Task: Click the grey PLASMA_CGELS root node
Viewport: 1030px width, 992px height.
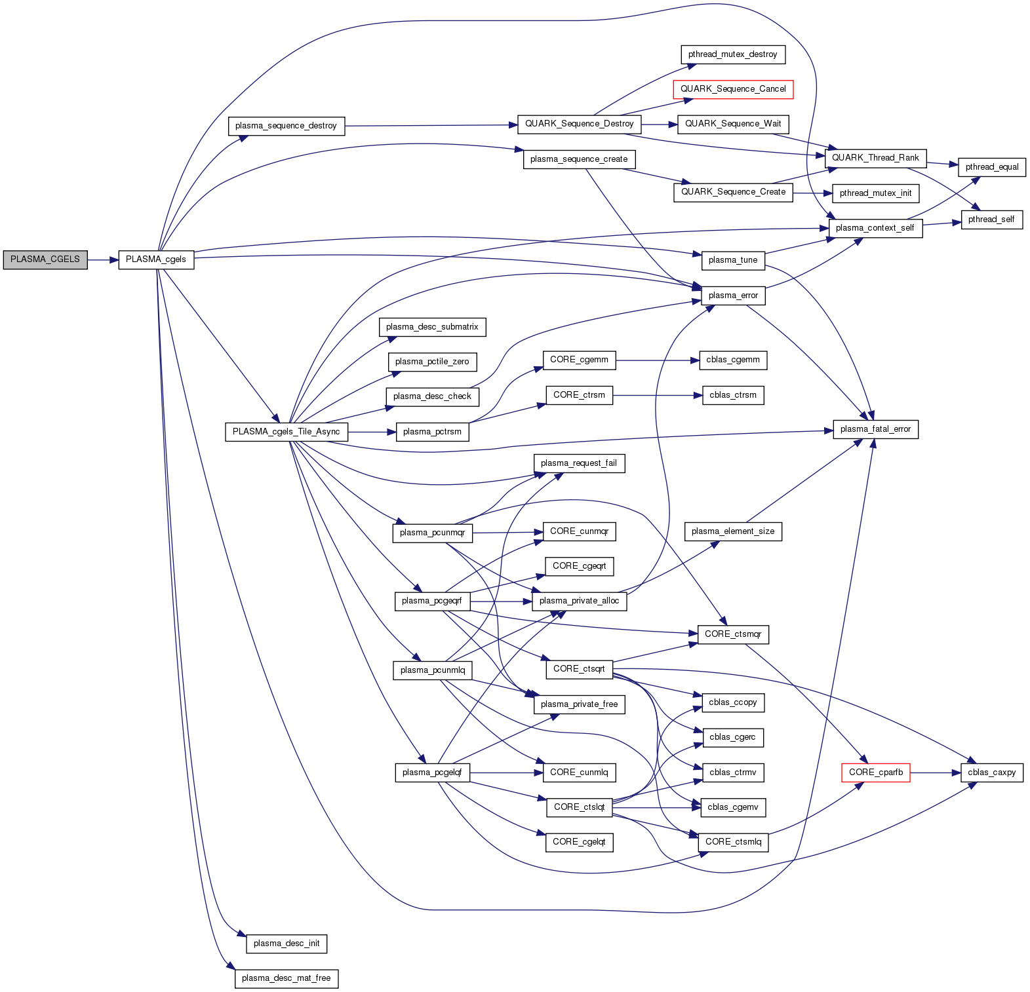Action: (45, 259)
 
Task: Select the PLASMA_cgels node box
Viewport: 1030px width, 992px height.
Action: (156, 259)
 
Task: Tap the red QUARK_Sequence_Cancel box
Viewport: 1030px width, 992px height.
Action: (733, 89)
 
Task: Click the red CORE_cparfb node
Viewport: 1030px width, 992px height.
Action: (875, 773)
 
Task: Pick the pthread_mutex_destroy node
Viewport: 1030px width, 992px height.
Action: (732, 54)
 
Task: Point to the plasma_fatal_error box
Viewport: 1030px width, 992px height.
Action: (875, 429)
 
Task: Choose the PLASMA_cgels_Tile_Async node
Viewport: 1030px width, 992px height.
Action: (286, 432)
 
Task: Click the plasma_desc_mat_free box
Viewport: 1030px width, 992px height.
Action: (287, 978)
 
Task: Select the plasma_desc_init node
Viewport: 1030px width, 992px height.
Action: (287, 944)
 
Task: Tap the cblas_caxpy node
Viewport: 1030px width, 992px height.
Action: (991, 773)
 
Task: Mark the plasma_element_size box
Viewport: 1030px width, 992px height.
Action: (733, 531)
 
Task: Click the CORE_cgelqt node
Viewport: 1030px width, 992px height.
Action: (579, 842)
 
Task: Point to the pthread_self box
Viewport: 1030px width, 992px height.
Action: (991, 219)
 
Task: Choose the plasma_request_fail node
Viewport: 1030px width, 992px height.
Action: (579, 463)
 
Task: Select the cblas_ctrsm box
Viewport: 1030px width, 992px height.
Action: (733, 395)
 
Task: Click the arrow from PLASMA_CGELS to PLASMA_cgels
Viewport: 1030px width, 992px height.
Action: (102, 260)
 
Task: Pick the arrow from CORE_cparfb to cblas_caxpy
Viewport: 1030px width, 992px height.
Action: (936, 773)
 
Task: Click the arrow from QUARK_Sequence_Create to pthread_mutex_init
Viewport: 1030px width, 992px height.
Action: (812, 193)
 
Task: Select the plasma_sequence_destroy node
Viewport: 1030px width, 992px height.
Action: (286, 126)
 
